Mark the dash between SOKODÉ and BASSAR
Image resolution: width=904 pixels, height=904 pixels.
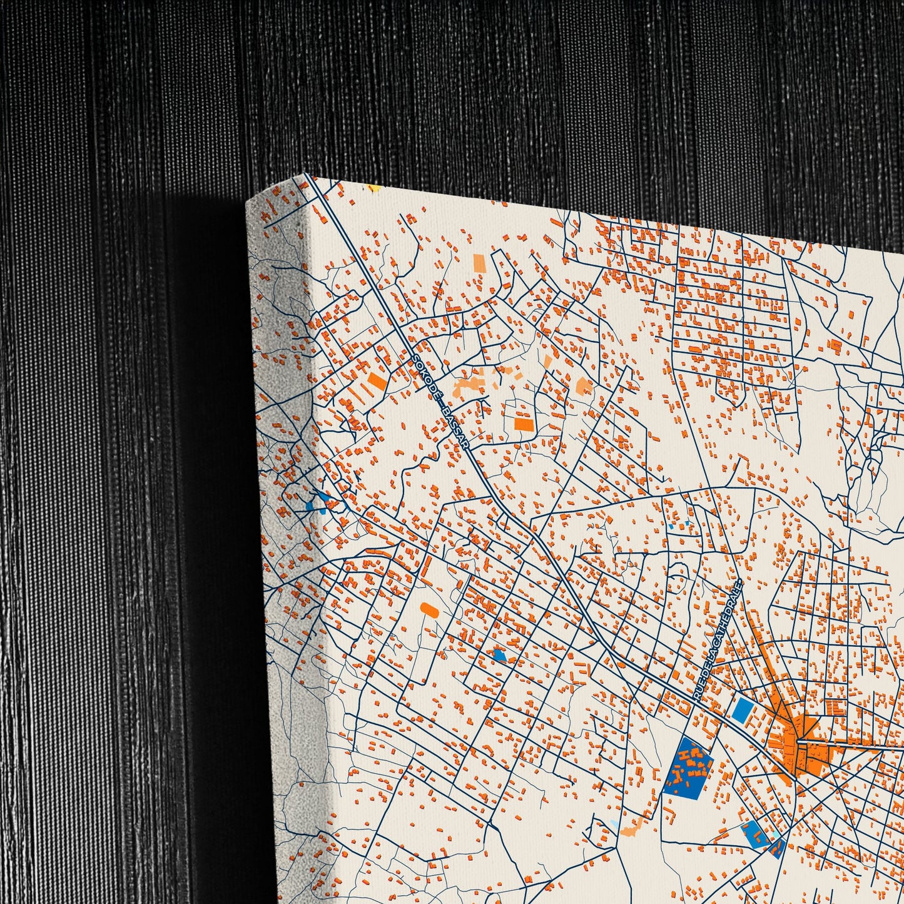click(x=441, y=403)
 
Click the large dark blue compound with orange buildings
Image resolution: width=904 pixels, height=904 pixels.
click(x=688, y=766)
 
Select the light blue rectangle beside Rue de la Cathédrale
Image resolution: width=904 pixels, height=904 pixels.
click(x=743, y=709)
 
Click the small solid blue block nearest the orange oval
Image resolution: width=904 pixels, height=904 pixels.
click(x=499, y=655)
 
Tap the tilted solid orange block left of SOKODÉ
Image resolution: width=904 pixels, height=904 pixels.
click(x=377, y=379)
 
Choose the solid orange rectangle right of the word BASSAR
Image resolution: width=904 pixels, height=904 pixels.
click(x=524, y=424)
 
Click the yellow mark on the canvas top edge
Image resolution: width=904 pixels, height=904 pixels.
click(x=373, y=187)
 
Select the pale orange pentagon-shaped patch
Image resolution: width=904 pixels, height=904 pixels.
click(x=584, y=386)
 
